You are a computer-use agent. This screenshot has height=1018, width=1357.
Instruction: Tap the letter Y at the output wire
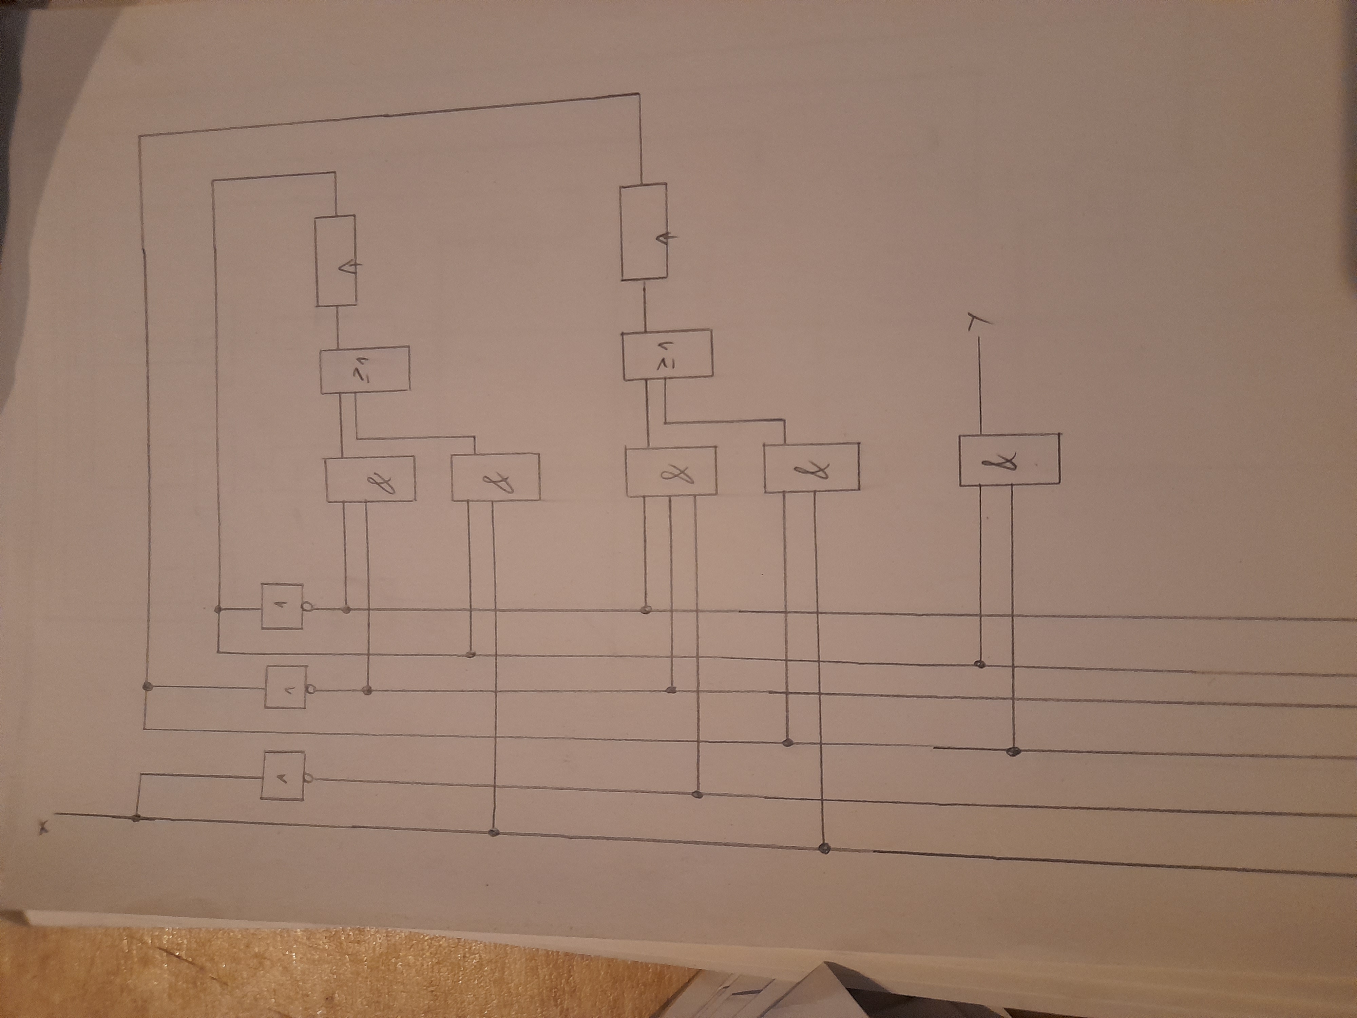(972, 322)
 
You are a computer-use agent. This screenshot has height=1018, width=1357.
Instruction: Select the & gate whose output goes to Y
(1009, 459)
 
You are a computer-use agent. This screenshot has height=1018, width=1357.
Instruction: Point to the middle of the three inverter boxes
(285, 687)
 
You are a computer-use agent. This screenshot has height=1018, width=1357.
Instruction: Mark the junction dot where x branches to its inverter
(136, 817)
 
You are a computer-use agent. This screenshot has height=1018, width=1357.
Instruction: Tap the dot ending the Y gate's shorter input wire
(980, 664)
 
